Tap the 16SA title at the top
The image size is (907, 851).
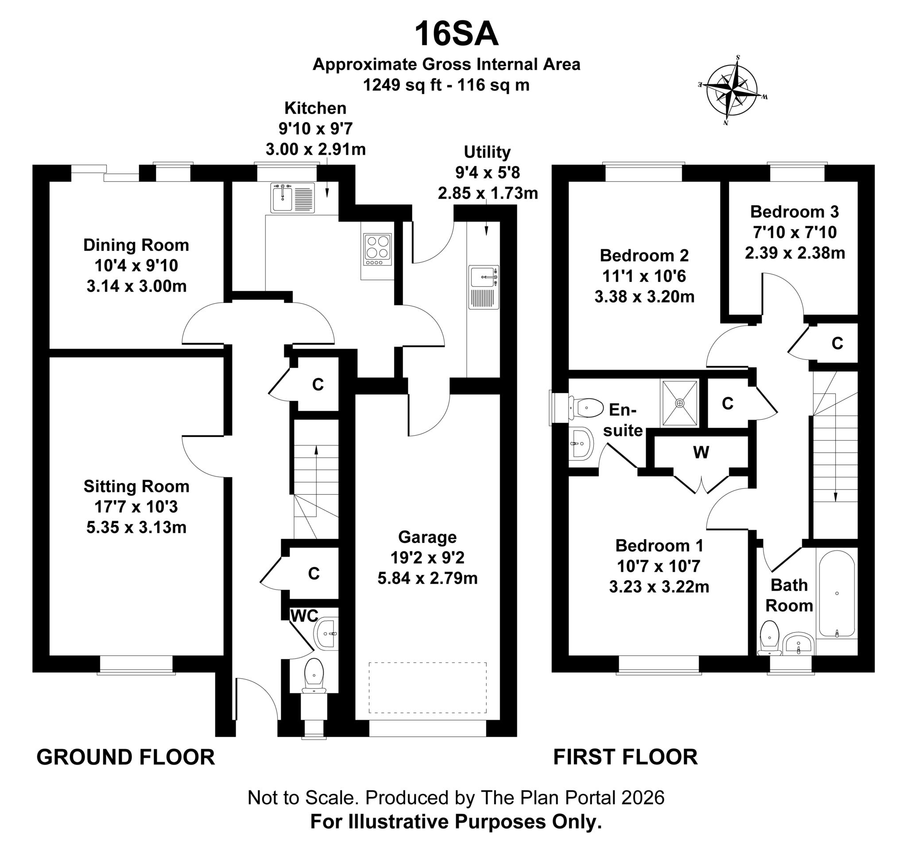[456, 35]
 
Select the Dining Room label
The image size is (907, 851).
[136, 245]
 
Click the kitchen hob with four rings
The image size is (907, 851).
[377, 249]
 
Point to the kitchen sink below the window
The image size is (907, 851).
[292, 198]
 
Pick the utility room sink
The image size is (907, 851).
[484, 287]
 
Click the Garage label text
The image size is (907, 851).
[427, 537]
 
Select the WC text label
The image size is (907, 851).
[304, 616]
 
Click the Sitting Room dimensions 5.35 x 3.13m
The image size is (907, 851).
[136, 527]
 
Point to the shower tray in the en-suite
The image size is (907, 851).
[680, 403]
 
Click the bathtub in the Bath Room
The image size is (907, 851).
[837, 594]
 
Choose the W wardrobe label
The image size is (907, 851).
[701, 452]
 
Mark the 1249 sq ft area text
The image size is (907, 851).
[402, 85]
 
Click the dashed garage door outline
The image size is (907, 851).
[427, 687]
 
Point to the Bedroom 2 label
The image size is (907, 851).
[644, 255]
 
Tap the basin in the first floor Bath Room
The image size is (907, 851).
[798, 643]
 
